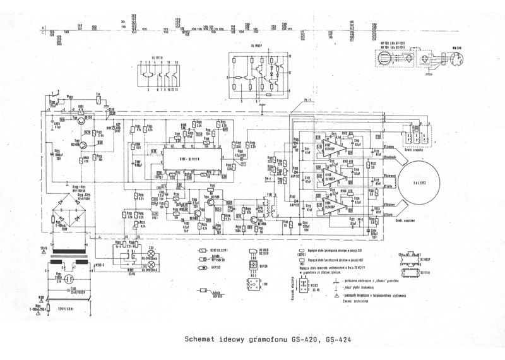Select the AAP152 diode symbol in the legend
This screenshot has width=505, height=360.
[204, 267]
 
